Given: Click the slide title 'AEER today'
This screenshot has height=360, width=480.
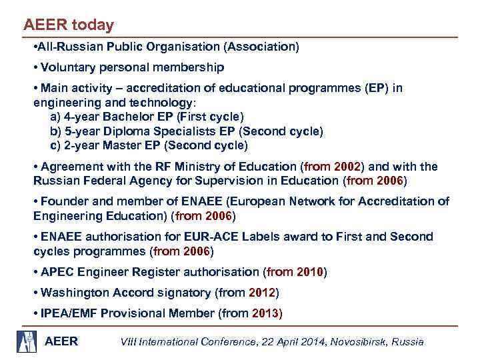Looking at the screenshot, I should (x=68, y=25).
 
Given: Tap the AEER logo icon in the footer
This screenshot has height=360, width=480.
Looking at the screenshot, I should (x=27, y=340).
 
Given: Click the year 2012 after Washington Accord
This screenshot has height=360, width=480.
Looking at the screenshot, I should (x=262, y=293).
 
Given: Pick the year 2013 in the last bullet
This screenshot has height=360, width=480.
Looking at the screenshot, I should (x=267, y=313).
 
